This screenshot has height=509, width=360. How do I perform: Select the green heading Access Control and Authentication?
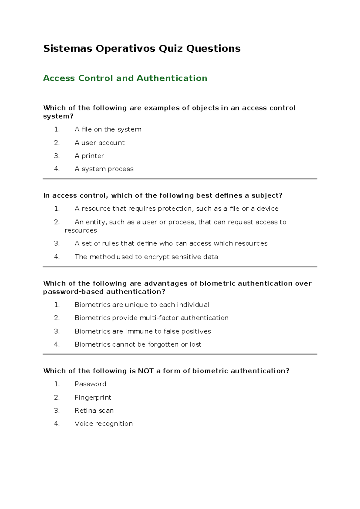125,78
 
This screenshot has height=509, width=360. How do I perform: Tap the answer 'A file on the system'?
108,129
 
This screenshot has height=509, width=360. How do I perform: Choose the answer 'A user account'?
100,143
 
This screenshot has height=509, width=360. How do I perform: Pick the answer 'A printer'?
89,156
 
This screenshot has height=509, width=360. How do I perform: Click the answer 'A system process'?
104,169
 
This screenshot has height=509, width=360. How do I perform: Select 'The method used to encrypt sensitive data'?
146,257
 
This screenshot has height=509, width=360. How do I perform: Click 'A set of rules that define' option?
171,243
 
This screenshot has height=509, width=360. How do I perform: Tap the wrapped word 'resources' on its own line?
81,230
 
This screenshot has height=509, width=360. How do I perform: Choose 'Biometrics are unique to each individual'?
142,305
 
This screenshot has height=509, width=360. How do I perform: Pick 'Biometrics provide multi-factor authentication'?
151,318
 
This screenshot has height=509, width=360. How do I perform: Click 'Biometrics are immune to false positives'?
143,331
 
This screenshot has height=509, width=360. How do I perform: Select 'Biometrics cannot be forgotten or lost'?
138,345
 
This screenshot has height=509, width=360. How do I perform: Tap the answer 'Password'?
90,384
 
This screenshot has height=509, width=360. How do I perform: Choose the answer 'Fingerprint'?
93,398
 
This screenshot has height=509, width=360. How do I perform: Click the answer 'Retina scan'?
94,411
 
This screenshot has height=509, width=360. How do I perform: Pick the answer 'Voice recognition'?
103,424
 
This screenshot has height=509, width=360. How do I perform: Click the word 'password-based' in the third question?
73,292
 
